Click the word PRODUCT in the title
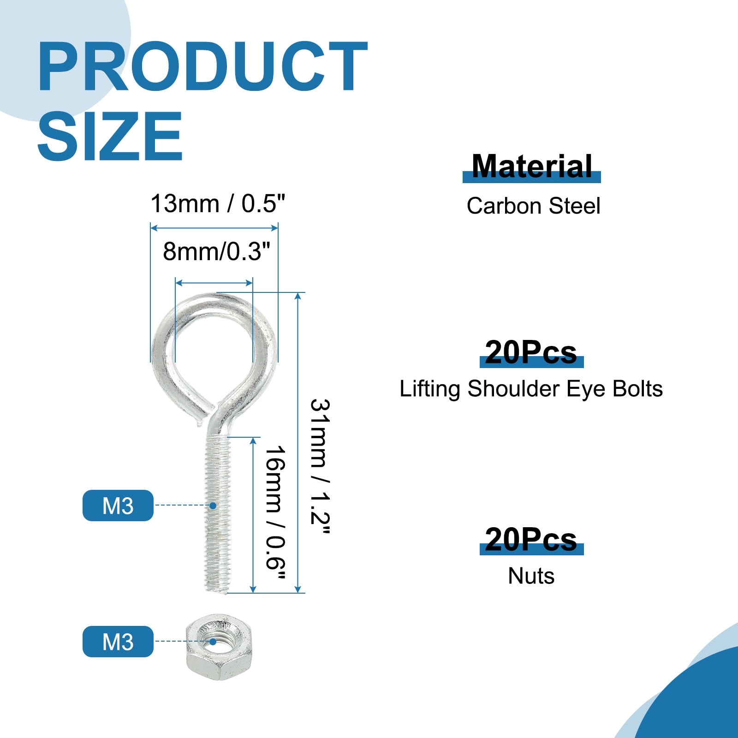202,66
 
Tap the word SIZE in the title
110,136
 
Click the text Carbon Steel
533,206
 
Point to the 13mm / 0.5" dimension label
218,203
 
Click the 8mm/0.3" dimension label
216,252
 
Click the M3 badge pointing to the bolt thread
118,506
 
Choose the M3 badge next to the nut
118,642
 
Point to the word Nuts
531,576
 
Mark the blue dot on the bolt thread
213,506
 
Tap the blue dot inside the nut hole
213,641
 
